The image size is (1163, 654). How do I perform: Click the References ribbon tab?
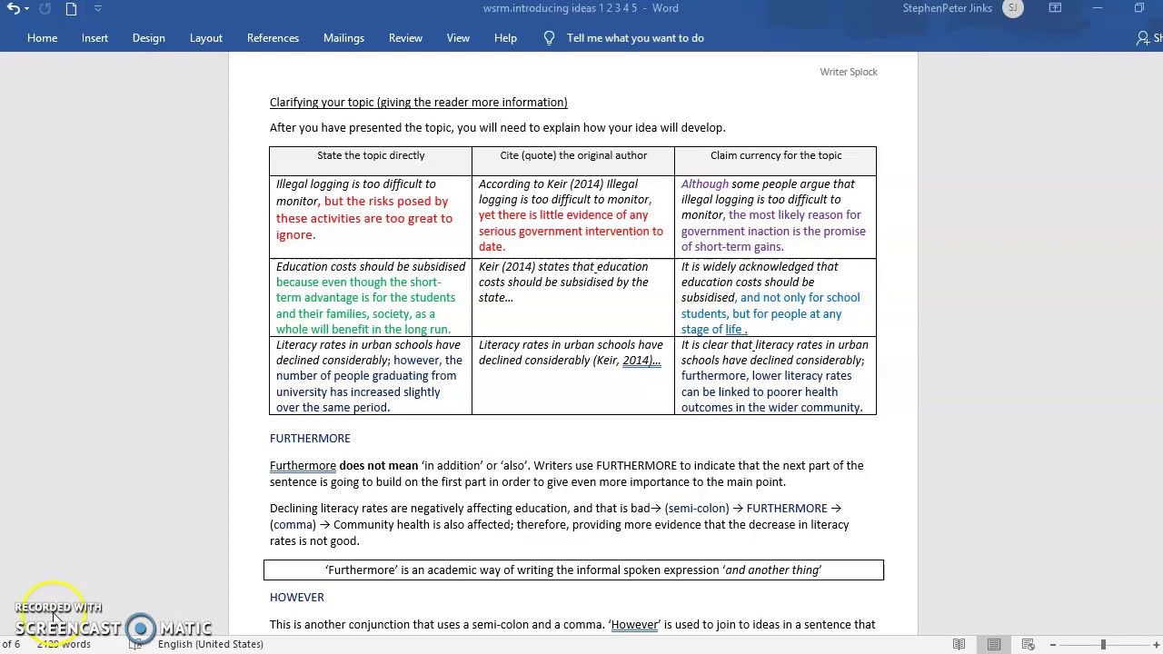point(273,38)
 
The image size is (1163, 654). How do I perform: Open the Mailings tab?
point(343,38)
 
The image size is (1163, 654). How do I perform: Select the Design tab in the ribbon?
point(148,38)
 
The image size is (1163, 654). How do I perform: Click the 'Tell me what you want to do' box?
point(635,38)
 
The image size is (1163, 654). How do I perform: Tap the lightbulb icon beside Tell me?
point(549,38)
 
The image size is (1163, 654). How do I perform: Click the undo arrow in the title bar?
point(14,9)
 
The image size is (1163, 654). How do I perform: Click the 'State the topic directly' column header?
point(371,155)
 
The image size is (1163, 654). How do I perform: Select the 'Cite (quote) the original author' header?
point(573,155)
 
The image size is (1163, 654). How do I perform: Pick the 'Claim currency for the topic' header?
point(776,155)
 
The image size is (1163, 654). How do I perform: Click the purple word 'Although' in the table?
point(705,184)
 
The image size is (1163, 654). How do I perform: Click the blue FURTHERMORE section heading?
point(310,439)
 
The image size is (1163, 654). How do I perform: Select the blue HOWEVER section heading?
point(297,598)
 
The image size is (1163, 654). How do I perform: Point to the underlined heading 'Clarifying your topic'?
point(418,103)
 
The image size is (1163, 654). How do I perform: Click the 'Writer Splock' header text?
point(849,72)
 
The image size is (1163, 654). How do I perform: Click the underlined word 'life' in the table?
point(733,330)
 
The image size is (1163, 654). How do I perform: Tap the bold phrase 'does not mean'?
point(378,466)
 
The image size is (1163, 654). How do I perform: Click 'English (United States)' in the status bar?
point(211,644)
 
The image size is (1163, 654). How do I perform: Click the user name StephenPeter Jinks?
point(948,8)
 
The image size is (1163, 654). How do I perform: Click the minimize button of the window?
point(1098,8)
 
